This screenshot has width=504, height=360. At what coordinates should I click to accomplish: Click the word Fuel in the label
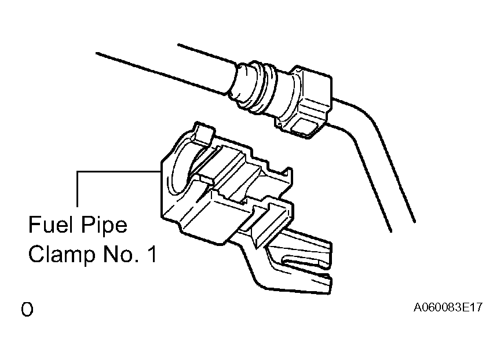(x=50, y=224)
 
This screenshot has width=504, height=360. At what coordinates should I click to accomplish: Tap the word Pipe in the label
(x=104, y=226)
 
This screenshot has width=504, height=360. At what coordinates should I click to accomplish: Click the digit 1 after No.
(x=153, y=254)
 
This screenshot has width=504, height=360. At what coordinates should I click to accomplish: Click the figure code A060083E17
(x=448, y=307)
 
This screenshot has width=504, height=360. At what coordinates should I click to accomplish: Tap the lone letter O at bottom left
(x=27, y=309)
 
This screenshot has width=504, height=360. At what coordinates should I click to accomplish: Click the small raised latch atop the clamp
(x=204, y=133)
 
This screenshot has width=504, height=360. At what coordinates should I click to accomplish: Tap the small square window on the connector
(x=304, y=126)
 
